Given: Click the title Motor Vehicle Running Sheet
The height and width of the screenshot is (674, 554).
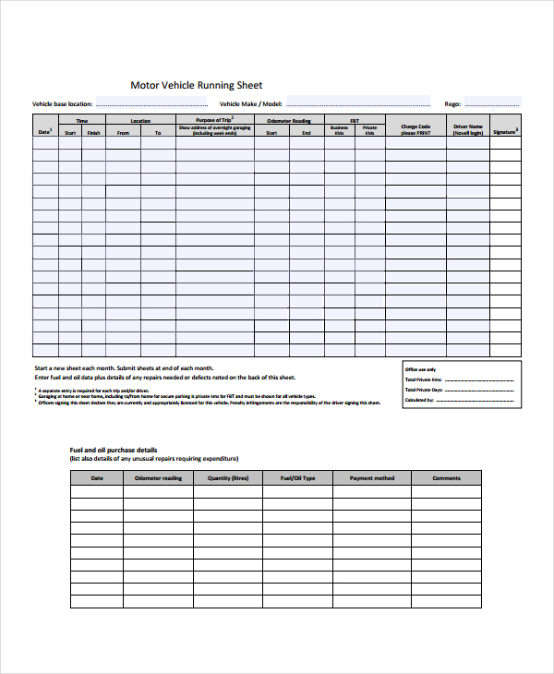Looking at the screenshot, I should [197, 85].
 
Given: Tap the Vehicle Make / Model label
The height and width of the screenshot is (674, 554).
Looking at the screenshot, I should [250, 104].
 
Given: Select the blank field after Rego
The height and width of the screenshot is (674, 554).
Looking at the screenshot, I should [493, 103].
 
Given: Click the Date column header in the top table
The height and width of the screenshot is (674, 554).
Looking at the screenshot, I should [44, 132].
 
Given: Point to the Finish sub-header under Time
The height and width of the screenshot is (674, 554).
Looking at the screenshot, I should [94, 133].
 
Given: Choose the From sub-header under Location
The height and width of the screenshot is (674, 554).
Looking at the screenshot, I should [123, 133].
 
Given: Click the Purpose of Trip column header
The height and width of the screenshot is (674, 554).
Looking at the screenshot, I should [214, 120].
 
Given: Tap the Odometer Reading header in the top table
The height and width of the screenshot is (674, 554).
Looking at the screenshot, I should [289, 121].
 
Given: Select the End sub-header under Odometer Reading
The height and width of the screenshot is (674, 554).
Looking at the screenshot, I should [307, 133].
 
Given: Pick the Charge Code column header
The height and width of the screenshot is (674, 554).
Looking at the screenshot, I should [415, 129].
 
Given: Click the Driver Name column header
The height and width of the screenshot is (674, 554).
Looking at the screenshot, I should [468, 129].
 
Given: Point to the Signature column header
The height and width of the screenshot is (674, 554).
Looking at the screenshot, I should [505, 132].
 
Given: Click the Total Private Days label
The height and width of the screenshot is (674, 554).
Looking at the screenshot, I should [423, 390].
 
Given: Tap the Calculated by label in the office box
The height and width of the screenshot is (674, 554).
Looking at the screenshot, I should [419, 400].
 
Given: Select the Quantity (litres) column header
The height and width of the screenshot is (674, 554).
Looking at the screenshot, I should [228, 478].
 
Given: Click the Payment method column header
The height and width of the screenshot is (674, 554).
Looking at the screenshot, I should [372, 478].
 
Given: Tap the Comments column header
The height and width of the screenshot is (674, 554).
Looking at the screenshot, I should [446, 478].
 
